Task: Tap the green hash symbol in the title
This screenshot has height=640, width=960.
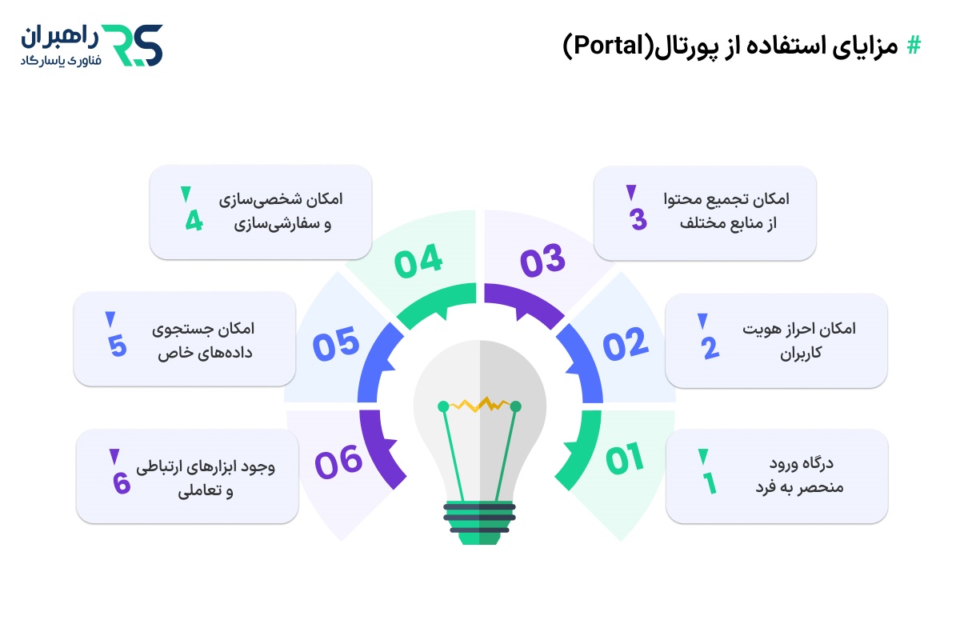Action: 913,46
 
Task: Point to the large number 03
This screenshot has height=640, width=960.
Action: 543,260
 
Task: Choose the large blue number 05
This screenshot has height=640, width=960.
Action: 337,346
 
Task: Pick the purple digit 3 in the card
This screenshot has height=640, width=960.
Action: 638,219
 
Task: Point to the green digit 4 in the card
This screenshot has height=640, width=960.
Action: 194,220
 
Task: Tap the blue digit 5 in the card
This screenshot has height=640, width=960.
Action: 117,347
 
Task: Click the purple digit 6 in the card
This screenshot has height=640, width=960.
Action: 121,483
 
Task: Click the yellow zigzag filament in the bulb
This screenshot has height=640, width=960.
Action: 479,404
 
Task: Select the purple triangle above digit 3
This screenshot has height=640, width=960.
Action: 631,192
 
